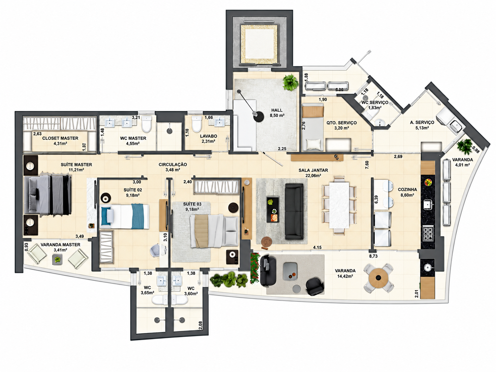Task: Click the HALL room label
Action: pyautogui.click(x=277, y=110)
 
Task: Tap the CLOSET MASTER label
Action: pyautogui.click(x=60, y=138)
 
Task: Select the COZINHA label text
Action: pyautogui.click(x=407, y=190)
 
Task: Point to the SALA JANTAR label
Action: pyautogui.click(x=313, y=170)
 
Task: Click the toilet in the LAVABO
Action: pyautogui.click(x=196, y=124)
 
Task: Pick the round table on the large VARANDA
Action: pyautogui.click(x=379, y=278)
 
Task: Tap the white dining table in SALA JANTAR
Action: pyautogui.click(x=339, y=205)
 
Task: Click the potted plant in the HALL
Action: pyautogui.click(x=290, y=83)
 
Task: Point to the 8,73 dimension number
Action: pyautogui.click(x=373, y=256)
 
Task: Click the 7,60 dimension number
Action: pyautogui.click(x=367, y=165)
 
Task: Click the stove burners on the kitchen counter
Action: pyautogui.click(x=428, y=233)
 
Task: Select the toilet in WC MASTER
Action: pyautogui.click(x=146, y=124)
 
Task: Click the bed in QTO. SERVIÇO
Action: pyautogui.click(x=313, y=127)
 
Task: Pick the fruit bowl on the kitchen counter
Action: pyautogui.click(x=428, y=182)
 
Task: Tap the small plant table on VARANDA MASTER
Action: pyautogui.click(x=58, y=259)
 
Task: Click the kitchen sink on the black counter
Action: pyautogui.click(x=428, y=204)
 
